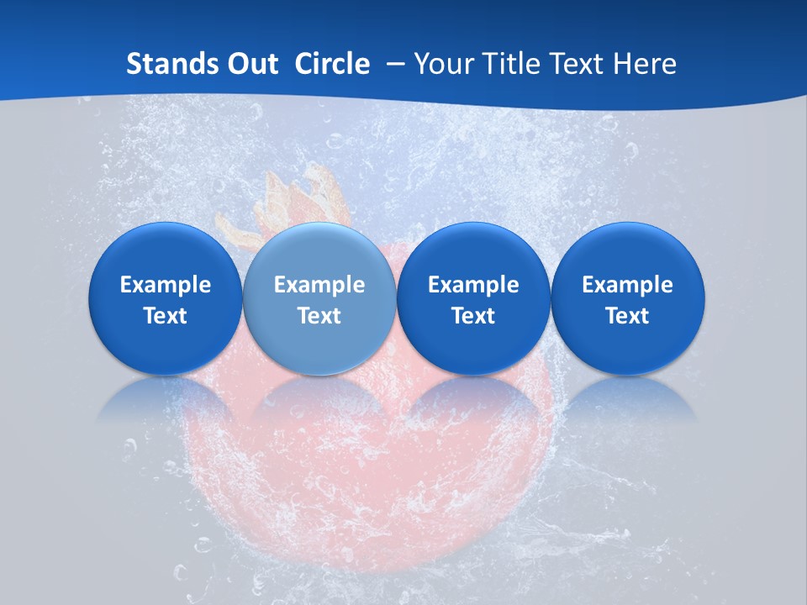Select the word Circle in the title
point(332,64)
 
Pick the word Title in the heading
point(510,64)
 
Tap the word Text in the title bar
point(581,64)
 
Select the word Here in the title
point(647,64)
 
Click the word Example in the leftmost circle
point(166,285)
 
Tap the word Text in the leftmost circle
point(166,316)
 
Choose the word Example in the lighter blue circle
point(319,285)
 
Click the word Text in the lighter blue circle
point(319,316)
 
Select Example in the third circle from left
point(473,285)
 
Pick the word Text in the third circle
point(473,316)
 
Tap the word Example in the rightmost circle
point(627,285)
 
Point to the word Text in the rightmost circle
point(627,316)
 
